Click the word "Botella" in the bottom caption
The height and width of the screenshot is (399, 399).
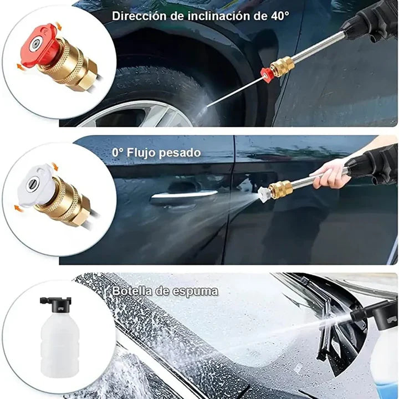pos(132,290)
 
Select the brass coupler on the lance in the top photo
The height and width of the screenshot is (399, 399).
pos(282,66)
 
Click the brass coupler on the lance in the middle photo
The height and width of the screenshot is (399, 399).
pos(280,188)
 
